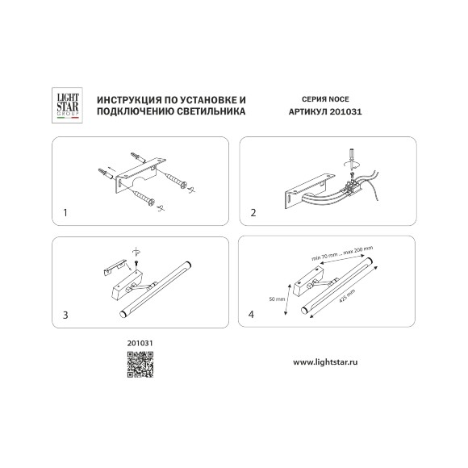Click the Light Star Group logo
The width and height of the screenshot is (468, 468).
click(x=67, y=105)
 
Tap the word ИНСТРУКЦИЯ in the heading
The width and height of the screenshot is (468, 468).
click(x=126, y=100)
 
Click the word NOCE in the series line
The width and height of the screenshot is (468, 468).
click(x=338, y=99)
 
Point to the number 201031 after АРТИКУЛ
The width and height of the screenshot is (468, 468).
click(x=345, y=111)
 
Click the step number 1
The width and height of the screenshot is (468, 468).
click(x=65, y=213)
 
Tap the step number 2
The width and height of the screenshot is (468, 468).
click(x=253, y=213)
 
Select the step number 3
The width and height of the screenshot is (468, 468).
click(x=65, y=315)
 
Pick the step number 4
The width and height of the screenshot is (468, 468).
click(x=251, y=315)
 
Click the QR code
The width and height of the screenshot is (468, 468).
click(x=140, y=365)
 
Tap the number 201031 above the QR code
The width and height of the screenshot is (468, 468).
click(x=140, y=343)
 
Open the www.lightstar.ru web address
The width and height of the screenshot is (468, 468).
click(x=325, y=362)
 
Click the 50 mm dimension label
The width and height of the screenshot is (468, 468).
click(x=277, y=299)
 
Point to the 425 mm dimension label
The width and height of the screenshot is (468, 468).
click(x=347, y=296)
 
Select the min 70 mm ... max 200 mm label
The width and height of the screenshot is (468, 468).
click(x=342, y=253)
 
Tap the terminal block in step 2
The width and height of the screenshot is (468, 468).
click(x=353, y=186)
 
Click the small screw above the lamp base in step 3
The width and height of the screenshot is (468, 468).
click(x=136, y=263)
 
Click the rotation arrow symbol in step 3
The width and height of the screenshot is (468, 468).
click(x=136, y=252)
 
